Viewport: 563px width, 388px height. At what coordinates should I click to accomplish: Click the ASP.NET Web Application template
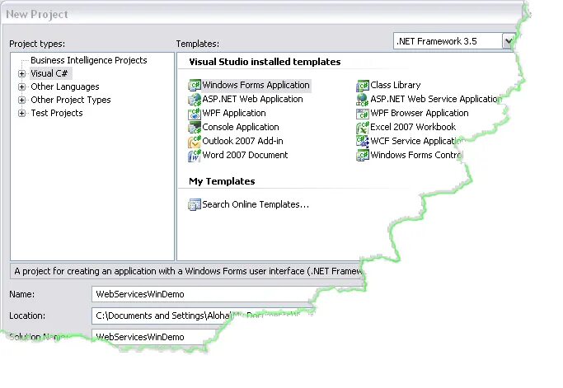pos(252,99)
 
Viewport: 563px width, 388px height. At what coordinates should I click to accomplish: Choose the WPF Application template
pos(233,113)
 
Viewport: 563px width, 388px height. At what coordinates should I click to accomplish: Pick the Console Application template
pos(240,127)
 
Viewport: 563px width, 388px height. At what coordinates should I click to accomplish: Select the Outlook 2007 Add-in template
pos(242,141)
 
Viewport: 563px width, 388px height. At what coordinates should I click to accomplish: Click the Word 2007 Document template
pos(245,155)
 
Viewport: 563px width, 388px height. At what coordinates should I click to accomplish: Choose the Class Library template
pos(395,85)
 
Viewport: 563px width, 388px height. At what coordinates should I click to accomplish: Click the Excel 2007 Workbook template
pos(412,127)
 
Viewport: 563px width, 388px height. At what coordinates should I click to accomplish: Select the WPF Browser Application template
pos(419,113)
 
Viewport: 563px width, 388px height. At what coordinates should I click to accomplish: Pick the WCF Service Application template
pos(417,141)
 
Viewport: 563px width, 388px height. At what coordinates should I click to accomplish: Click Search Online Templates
pos(255,204)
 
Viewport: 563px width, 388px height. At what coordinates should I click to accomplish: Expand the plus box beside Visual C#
pos(21,73)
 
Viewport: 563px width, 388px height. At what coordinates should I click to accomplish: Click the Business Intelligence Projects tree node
pos(89,60)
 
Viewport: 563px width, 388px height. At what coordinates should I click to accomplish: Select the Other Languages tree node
pos(64,86)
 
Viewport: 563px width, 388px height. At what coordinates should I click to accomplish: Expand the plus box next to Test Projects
pos(21,113)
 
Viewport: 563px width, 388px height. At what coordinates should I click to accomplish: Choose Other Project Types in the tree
pos(70,100)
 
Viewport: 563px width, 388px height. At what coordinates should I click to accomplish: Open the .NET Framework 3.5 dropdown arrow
pos(509,40)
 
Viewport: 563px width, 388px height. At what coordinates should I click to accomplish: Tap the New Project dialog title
pos(38,14)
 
